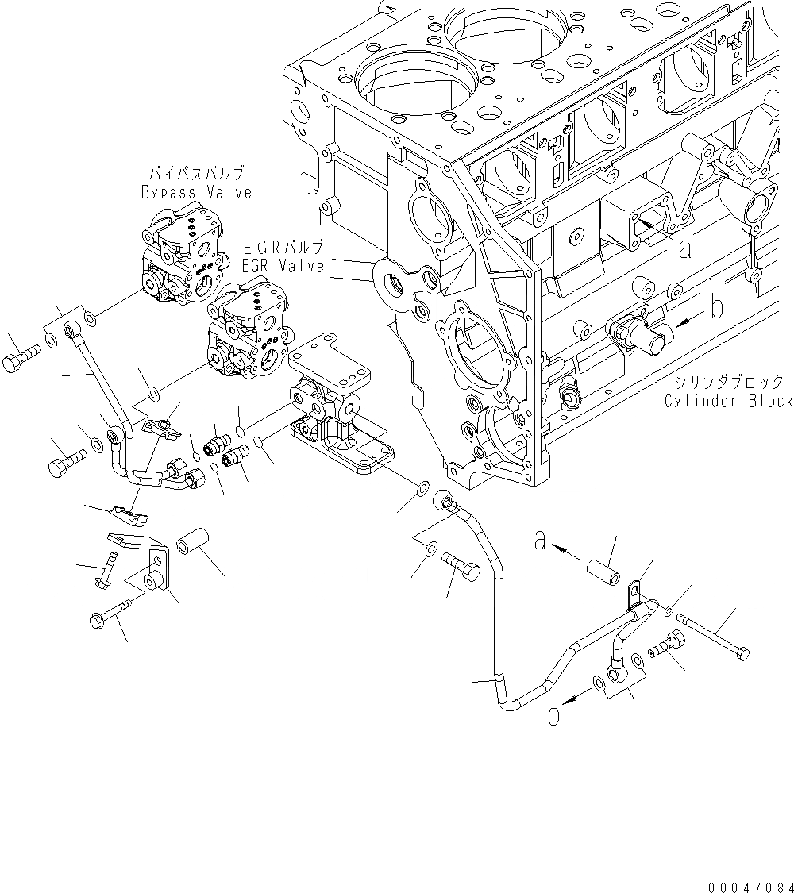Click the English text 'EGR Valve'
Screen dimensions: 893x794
(x=283, y=267)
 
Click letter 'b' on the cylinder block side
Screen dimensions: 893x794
(x=716, y=307)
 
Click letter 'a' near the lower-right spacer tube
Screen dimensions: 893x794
(x=540, y=542)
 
